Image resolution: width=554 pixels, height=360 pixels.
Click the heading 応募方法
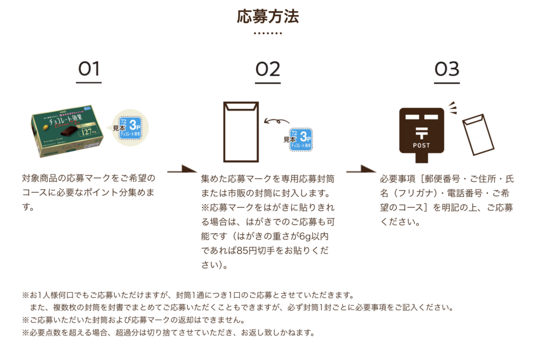[268, 16]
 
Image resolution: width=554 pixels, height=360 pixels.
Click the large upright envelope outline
[241, 132]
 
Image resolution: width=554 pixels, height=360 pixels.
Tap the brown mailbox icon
[421, 133]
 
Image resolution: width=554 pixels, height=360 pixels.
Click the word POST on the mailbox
[421, 146]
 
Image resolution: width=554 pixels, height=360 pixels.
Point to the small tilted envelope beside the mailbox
[478, 133]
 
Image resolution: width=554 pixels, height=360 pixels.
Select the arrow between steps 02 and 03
[360, 171]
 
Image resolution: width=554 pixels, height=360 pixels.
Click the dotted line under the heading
[268, 33]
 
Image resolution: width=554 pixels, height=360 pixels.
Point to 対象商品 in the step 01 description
[39, 178]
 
